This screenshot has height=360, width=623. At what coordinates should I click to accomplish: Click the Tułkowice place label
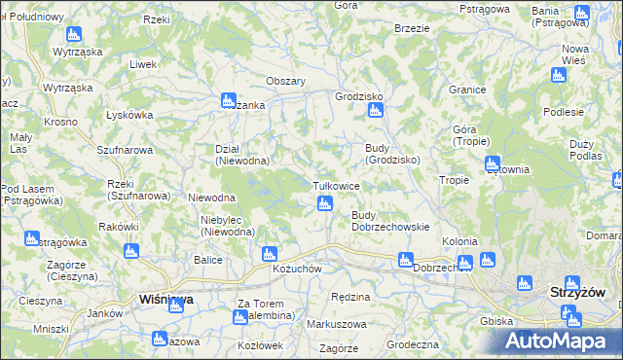click(x=336, y=185)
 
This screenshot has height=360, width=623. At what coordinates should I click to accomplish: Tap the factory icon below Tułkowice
click(x=324, y=203)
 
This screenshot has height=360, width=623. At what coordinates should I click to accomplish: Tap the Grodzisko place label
click(x=358, y=97)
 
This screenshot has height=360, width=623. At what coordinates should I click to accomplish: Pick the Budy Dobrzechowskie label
click(x=390, y=221)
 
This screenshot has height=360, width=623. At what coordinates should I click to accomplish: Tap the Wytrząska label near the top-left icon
click(x=79, y=51)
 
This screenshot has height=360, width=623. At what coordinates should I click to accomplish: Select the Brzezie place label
click(x=413, y=29)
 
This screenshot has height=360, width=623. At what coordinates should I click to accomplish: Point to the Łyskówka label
click(x=130, y=115)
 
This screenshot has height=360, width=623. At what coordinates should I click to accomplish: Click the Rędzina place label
click(x=350, y=297)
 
